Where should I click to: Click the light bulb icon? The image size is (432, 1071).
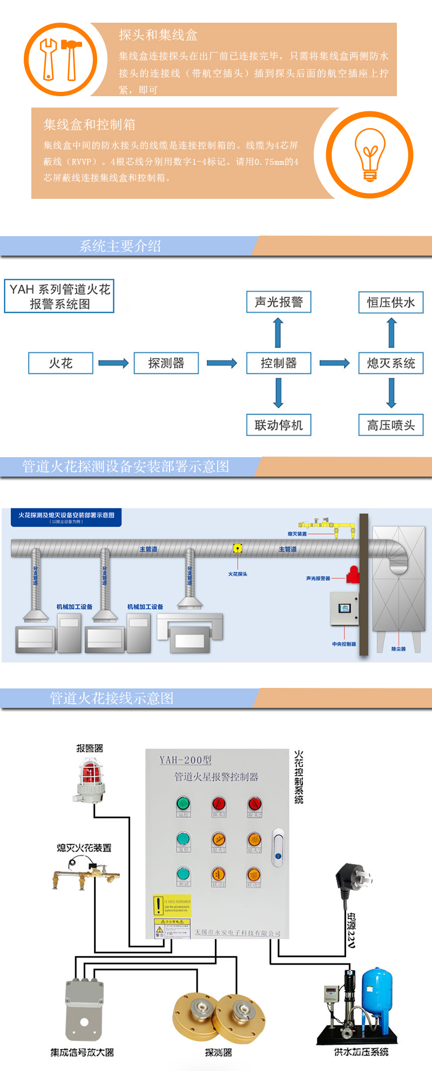pyautogui.click(x=369, y=155)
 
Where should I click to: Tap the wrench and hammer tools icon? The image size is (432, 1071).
pyautogui.click(x=60, y=59)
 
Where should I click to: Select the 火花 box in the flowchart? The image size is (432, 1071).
pyautogui.click(x=60, y=363)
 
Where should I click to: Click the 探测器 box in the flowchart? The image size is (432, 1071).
pyautogui.click(x=166, y=363)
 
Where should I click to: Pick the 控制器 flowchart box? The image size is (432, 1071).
pyautogui.click(x=279, y=363)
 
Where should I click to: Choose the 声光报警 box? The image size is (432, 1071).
pyautogui.click(x=279, y=302)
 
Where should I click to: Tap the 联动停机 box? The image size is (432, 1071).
pyautogui.click(x=279, y=425)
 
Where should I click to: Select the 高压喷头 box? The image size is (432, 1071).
pyautogui.click(x=391, y=425)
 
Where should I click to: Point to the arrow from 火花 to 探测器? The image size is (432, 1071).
pyautogui.click(x=113, y=363)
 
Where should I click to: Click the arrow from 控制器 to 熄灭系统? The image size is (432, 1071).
pyautogui.click(x=335, y=363)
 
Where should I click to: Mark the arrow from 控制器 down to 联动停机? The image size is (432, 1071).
pyautogui.click(x=279, y=393)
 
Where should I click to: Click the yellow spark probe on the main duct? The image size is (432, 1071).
pyautogui.click(x=238, y=548)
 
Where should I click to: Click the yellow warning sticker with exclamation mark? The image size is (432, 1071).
pyautogui.click(x=172, y=906)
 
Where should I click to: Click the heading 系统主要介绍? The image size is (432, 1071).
pyautogui.click(x=120, y=246)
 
